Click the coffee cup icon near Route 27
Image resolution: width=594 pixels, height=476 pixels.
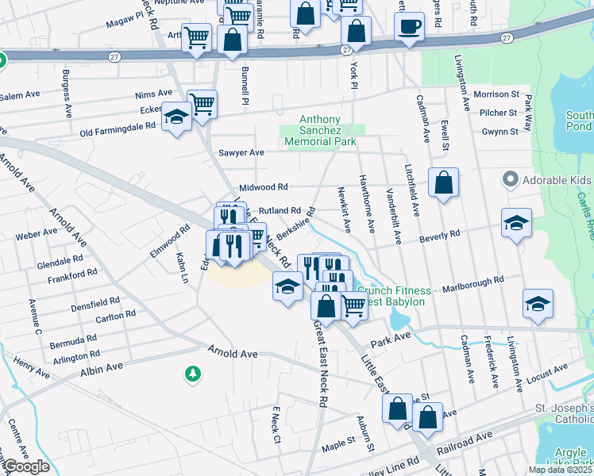[x=410, y=27]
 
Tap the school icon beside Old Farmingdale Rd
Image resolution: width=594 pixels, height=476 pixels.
[x=176, y=119]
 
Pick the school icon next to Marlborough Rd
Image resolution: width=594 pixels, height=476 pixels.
[x=538, y=304]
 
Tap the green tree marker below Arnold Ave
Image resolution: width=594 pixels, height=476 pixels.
[x=191, y=373]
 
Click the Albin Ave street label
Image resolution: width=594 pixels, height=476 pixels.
[x=101, y=367]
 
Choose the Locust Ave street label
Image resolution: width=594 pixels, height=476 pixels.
[x=550, y=369]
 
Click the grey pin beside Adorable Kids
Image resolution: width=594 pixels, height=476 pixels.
[x=509, y=179]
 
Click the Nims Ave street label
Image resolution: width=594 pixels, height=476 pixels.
[x=153, y=94]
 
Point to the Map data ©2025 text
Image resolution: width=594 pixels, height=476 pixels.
[x=560, y=470]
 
